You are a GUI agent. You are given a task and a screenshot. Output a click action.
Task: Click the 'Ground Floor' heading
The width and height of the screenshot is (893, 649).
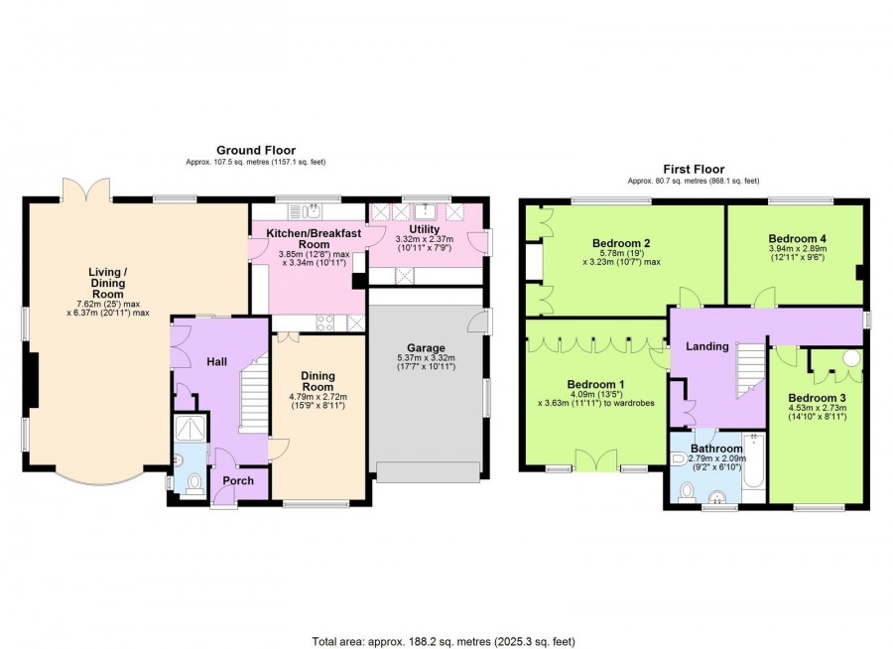255,150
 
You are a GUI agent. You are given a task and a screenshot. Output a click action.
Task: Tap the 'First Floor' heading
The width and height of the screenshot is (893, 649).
693,170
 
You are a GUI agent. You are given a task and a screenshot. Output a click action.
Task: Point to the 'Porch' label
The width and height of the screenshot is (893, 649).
238,481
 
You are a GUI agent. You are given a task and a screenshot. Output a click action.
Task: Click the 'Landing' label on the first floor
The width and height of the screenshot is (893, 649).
707,346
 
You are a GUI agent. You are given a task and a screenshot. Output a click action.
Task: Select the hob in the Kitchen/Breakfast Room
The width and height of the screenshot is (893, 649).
324,322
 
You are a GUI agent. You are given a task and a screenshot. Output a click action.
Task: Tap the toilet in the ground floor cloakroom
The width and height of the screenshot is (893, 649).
193,482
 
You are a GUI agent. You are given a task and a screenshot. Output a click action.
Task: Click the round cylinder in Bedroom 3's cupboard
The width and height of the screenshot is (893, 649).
850,359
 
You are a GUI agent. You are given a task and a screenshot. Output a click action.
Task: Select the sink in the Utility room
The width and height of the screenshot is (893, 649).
428,211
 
